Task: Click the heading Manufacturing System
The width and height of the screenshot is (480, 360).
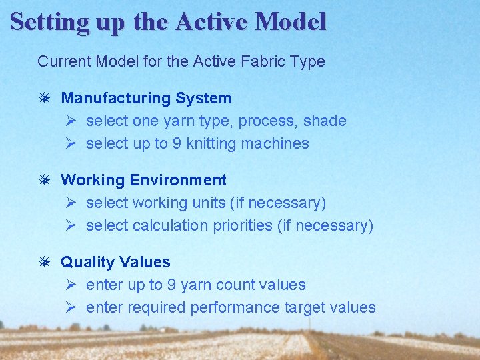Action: pyautogui.click(x=146, y=98)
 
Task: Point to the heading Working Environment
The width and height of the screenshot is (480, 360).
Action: pyautogui.click(x=143, y=180)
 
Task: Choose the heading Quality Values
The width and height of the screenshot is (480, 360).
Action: pyautogui.click(x=115, y=263)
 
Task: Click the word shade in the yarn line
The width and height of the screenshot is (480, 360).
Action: pyautogui.click(x=325, y=121)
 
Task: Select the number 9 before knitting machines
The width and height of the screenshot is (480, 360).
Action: pyautogui.click(x=177, y=144)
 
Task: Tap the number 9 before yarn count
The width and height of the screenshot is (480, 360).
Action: pyautogui.click(x=171, y=285)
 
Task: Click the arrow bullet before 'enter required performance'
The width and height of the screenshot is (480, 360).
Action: pyautogui.click(x=72, y=307)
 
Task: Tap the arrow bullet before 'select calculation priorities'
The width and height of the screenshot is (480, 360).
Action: pyautogui.click(x=72, y=225)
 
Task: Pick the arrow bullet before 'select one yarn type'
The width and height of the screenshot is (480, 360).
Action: pyautogui.click(x=72, y=121)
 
